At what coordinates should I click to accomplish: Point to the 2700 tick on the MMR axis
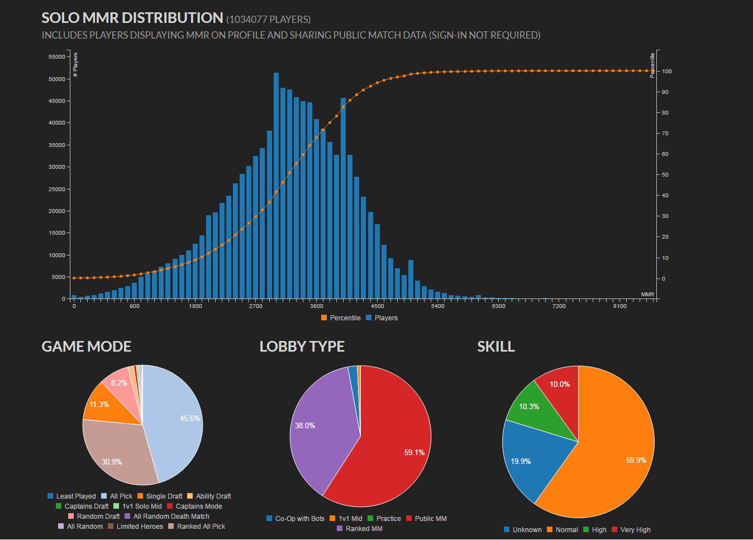tap(256, 306)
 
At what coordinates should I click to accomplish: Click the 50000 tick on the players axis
tap(56, 79)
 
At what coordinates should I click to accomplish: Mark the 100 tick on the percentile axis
tap(667, 72)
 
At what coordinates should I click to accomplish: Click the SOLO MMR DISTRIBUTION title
tap(132, 18)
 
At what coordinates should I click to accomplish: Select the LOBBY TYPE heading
tap(302, 347)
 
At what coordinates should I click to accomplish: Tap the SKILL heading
tap(495, 347)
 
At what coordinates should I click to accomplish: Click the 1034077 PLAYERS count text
tap(269, 20)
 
